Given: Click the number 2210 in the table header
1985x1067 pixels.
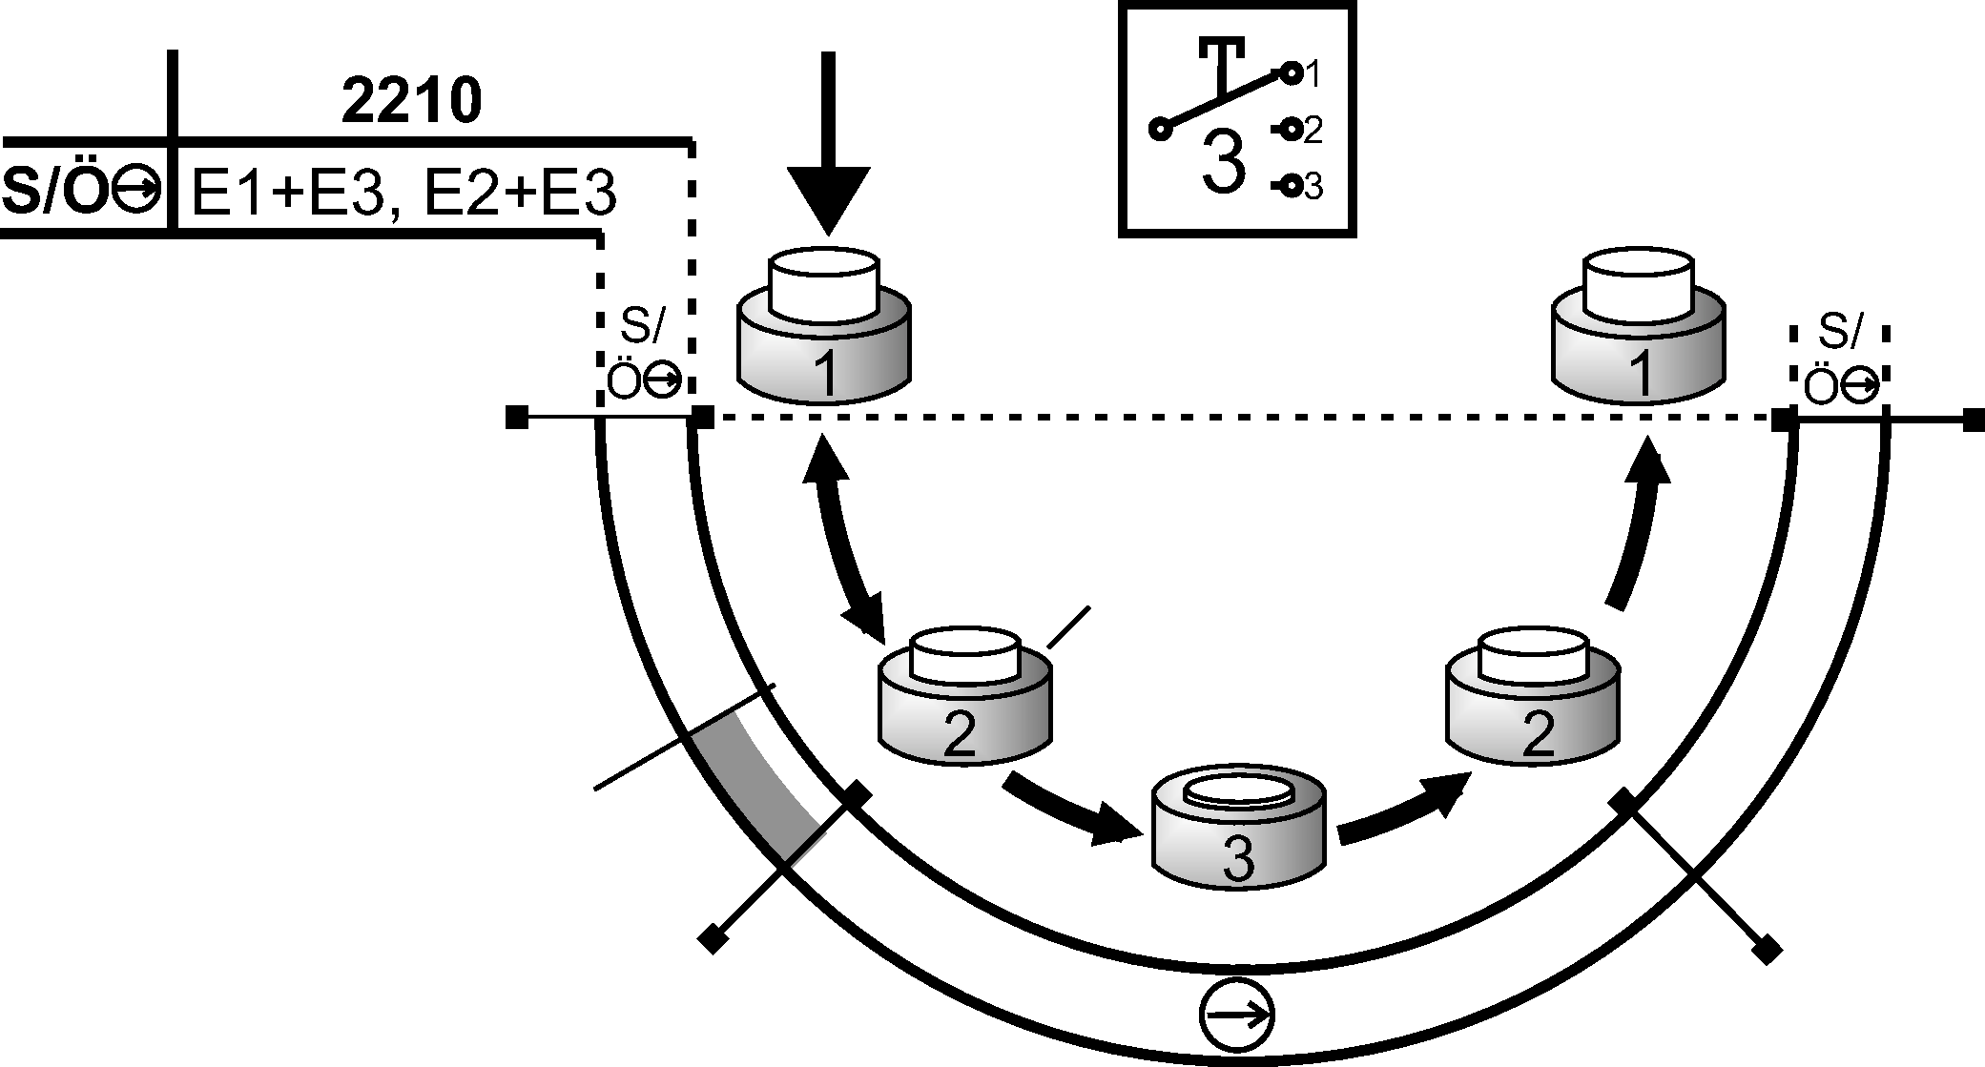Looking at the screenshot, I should click(x=411, y=103).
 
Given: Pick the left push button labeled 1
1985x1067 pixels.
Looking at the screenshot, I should click(x=825, y=329).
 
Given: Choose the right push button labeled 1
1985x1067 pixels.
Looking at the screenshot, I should click(x=1638, y=329).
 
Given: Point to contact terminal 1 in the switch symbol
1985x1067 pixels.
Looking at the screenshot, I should click(x=1292, y=72).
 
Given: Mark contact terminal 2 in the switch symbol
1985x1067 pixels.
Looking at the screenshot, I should click(x=1292, y=130).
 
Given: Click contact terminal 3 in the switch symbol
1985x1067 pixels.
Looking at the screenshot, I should click(x=1292, y=187).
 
